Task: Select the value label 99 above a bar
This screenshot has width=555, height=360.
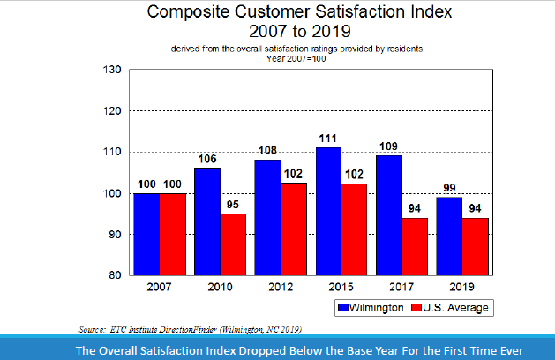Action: (449, 188)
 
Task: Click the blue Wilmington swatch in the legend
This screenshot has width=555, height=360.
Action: (343, 308)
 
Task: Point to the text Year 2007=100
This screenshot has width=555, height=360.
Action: (296, 58)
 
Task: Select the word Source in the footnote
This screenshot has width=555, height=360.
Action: (94, 328)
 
